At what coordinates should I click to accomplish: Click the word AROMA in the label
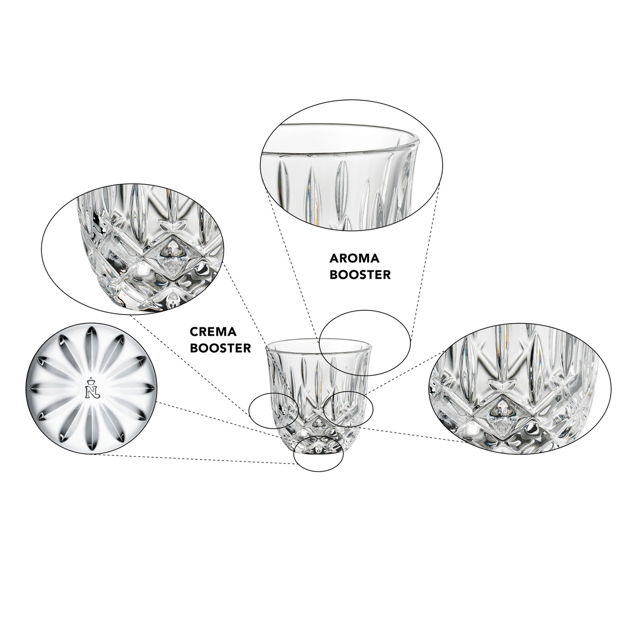[355, 259]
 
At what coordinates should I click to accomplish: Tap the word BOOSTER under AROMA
[360, 275]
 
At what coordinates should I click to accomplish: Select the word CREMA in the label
[213, 332]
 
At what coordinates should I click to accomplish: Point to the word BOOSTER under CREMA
[220, 348]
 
